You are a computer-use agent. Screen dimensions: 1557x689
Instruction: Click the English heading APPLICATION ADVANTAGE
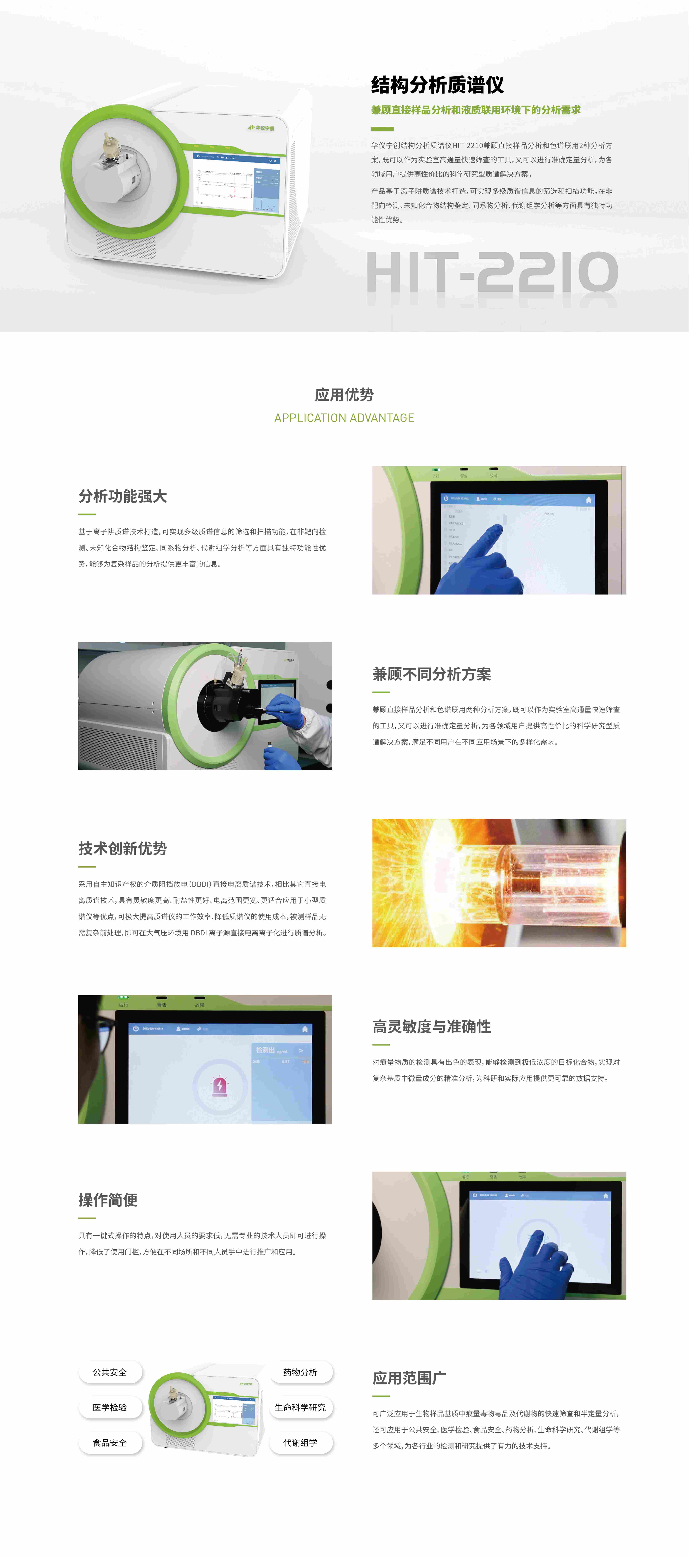(x=344, y=418)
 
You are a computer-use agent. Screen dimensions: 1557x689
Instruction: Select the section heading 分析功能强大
(x=123, y=496)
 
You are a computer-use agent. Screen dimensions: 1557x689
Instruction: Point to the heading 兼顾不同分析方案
(x=432, y=674)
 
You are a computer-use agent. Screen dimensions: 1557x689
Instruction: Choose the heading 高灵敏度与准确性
(x=432, y=1026)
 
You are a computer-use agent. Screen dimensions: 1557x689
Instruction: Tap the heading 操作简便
(x=108, y=1200)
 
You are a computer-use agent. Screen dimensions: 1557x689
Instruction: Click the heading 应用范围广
(x=409, y=1378)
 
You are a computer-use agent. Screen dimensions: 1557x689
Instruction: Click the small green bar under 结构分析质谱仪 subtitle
(x=382, y=129)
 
